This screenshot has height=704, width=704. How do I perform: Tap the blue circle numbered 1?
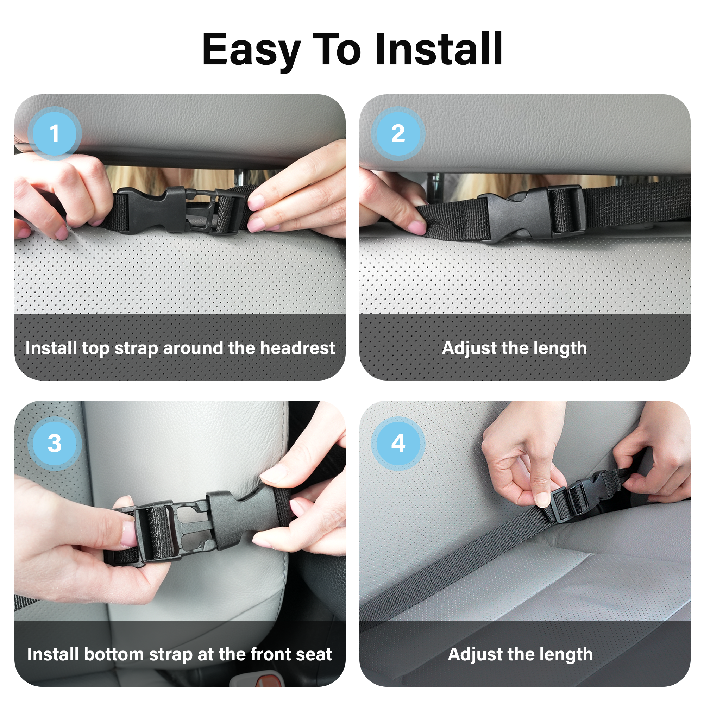pyautogui.click(x=54, y=133)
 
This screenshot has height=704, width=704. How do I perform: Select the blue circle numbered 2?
pyautogui.click(x=398, y=133)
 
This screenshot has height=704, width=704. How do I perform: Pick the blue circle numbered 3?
pyautogui.click(x=54, y=444)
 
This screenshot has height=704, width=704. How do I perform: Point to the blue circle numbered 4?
pyautogui.click(x=398, y=444)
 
